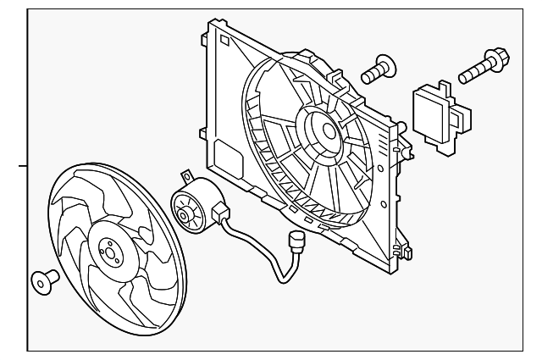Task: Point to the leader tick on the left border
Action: point(23,167)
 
